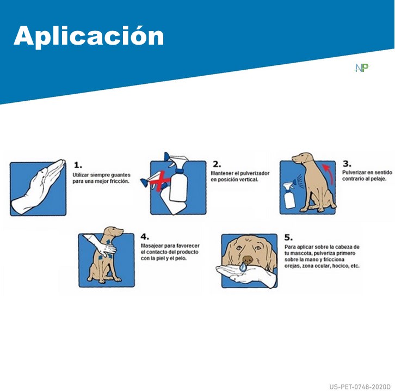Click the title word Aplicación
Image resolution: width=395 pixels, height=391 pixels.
pyautogui.click(x=89, y=35)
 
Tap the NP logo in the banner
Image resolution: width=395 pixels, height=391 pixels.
pyautogui.click(x=361, y=68)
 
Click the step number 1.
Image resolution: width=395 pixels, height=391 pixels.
pyautogui.click(x=78, y=164)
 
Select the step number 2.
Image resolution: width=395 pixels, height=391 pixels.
pyautogui.click(x=217, y=164)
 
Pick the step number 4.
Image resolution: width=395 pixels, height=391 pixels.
pyautogui.click(x=145, y=237)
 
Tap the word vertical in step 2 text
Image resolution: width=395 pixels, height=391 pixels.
pyautogui.click(x=246, y=180)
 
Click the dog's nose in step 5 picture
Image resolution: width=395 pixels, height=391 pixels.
pyautogui.click(x=248, y=261)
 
